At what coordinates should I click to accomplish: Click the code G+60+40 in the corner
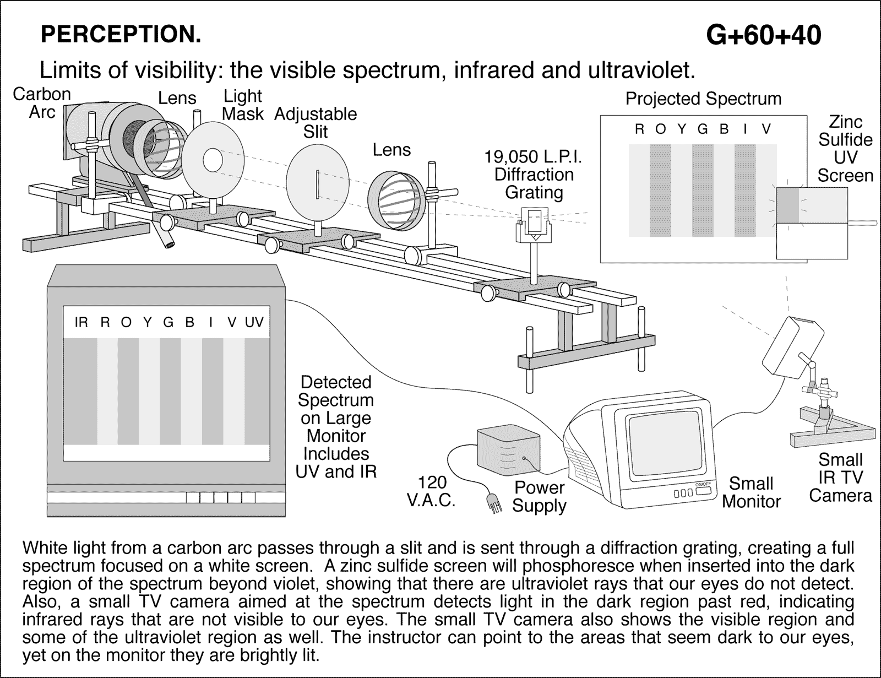[763, 35]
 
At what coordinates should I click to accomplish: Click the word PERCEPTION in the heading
[121, 35]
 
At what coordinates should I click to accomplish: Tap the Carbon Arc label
[42, 103]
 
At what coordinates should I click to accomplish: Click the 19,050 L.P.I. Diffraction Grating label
[534, 175]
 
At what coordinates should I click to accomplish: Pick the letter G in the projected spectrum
[703, 129]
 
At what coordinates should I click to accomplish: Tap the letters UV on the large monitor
[254, 322]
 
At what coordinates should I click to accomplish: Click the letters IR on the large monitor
[81, 322]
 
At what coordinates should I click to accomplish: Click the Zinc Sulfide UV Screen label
[845, 149]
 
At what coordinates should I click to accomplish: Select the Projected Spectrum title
[703, 99]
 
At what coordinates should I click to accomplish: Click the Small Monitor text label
[751, 492]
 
